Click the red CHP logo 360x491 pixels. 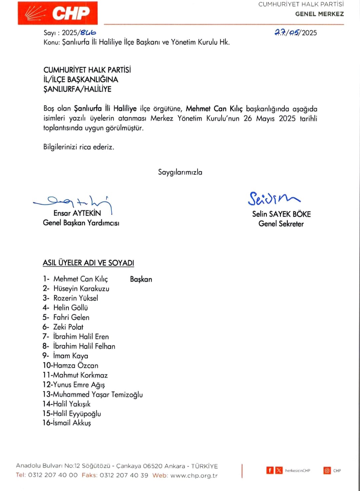[x=58, y=13]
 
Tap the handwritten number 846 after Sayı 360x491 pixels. [x=88, y=32]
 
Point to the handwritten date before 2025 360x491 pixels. [x=287, y=32]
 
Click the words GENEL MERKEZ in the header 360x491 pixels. [x=319, y=14]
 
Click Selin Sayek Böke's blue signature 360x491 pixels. [x=273, y=198]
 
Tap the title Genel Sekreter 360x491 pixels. [x=281, y=224]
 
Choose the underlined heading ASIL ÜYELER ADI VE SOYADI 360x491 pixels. [x=88, y=263]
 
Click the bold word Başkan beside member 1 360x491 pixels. [x=141, y=279]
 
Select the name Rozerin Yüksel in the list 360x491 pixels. [x=76, y=298]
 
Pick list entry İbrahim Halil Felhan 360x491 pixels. [x=84, y=346]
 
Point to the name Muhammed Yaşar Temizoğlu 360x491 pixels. [x=98, y=394]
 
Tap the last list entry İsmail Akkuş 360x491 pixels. [x=72, y=423]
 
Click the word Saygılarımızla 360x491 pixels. [x=180, y=172]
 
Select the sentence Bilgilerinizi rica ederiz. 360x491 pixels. [x=79, y=147]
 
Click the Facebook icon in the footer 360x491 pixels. [x=270, y=470]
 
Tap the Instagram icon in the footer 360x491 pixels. [x=327, y=470]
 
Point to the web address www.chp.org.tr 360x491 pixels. [x=194, y=475]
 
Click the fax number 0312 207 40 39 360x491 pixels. [x=124, y=475]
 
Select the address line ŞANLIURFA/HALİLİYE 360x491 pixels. [x=77, y=89]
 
